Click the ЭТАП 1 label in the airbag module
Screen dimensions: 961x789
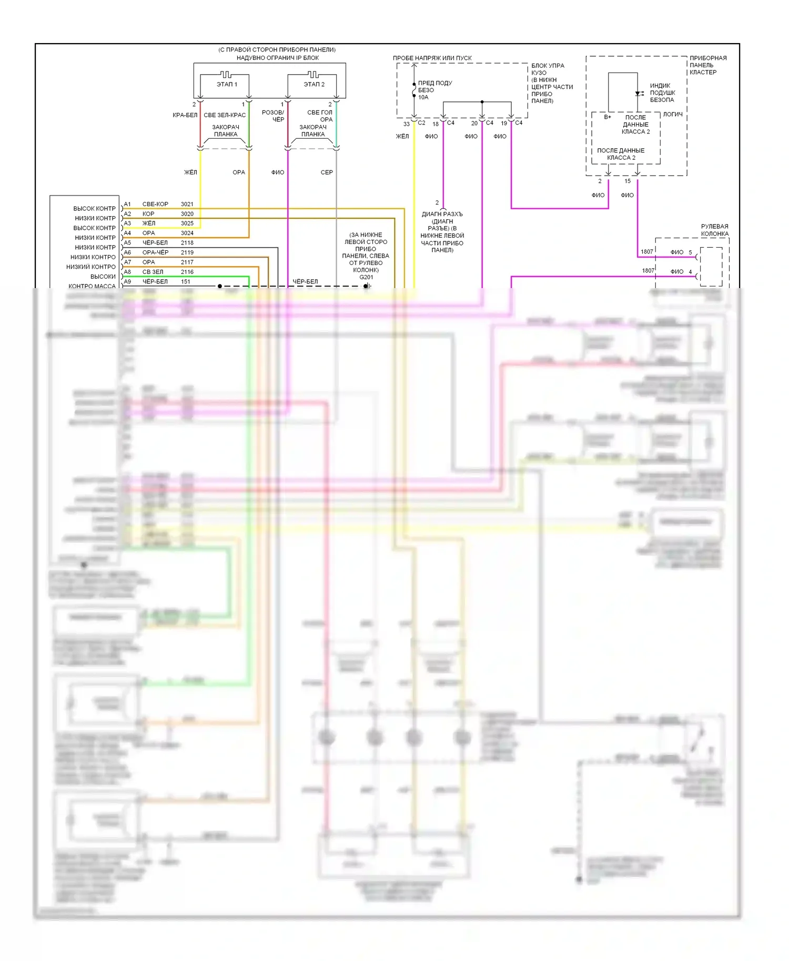[227, 84]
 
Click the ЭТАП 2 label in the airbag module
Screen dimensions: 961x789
[314, 84]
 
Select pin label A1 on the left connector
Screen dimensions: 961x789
[127, 204]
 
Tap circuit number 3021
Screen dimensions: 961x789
[187, 204]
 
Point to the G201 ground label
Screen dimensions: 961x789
[366, 277]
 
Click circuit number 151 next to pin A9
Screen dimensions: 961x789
[186, 281]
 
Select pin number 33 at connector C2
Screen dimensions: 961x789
[406, 124]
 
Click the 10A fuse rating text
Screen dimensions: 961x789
[423, 97]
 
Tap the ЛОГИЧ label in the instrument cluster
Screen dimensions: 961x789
[673, 114]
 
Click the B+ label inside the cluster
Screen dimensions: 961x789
[608, 117]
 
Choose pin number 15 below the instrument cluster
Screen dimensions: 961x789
[628, 181]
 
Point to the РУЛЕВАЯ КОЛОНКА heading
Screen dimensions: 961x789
[714, 230]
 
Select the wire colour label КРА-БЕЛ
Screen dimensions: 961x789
[185, 115]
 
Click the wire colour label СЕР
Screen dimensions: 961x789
[327, 172]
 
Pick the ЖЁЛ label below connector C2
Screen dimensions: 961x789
[402, 136]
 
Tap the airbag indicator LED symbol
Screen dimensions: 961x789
[639, 94]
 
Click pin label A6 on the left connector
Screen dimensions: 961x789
[127, 252]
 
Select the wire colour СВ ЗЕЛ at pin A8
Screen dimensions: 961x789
[153, 272]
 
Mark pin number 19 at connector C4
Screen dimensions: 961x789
[504, 124]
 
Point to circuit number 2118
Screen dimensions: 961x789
[187, 243]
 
